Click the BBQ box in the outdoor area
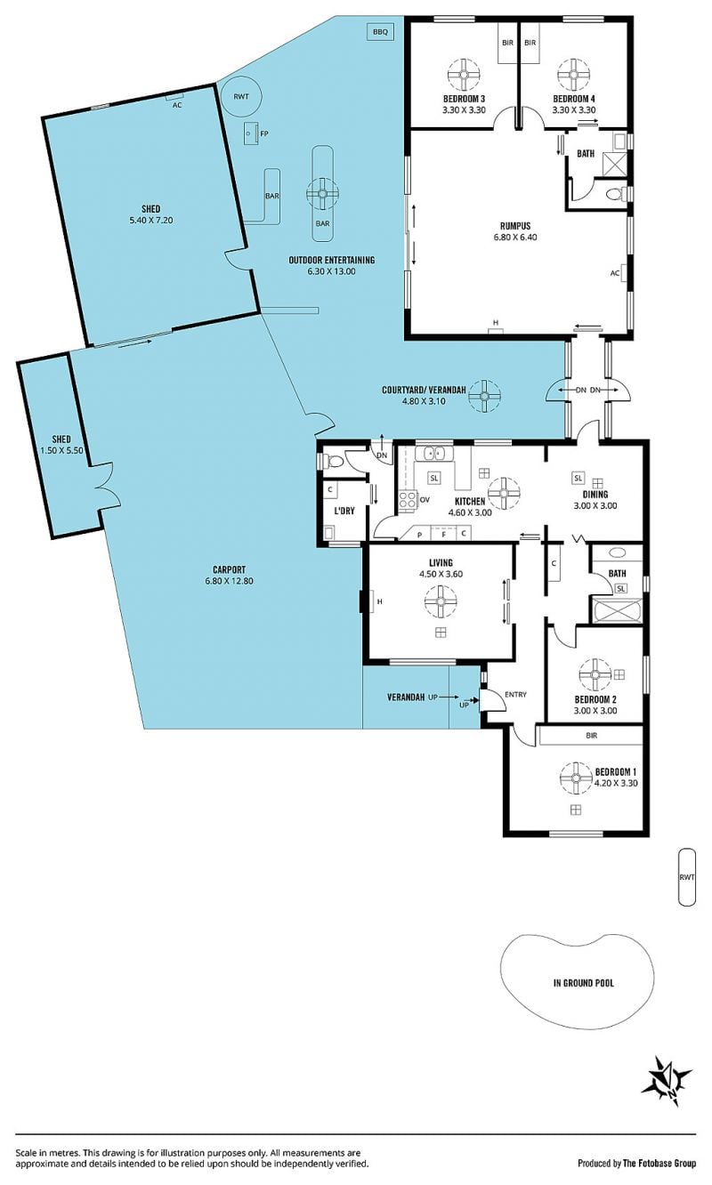coord(380,32)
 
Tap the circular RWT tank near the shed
coord(241,96)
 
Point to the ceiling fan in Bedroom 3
coord(464,75)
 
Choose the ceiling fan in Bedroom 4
coord(574,75)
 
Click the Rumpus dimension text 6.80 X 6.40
coord(515,237)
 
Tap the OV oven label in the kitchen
coord(424,499)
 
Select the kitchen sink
coord(433,454)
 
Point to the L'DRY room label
coord(344,511)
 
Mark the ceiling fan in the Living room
coord(441,601)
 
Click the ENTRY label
coord(515,694)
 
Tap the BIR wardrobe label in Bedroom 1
coord(592,736)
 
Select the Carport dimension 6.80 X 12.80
coord(230,581)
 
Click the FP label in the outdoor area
coord(264,133)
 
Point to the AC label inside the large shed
coord(177,105)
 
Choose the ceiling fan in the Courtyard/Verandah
coord(484,396)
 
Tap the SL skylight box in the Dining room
coord(578,478)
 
